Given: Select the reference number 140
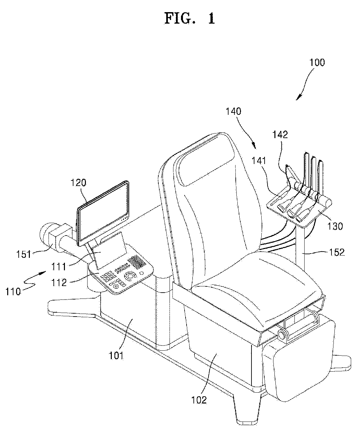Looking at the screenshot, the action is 234,112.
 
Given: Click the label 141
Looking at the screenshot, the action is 259,160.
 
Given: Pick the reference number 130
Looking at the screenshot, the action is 334,226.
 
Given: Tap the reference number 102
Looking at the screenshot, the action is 200,400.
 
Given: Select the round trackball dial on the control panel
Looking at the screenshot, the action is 131,276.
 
